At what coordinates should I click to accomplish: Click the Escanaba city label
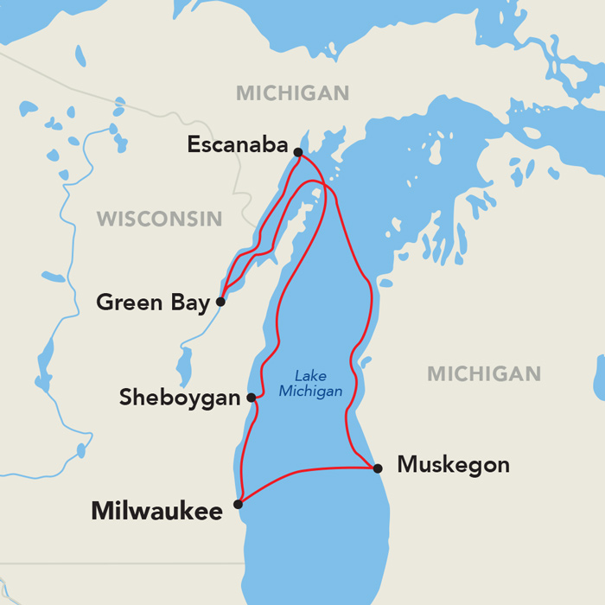coord(237,146)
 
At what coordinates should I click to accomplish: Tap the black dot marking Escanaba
coord(297,152)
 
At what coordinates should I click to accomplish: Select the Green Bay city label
coord(153,303)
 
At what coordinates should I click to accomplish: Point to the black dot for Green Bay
coord(220,302)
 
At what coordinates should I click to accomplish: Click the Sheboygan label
coord(179,398)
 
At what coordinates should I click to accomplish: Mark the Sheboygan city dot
coord(252,398)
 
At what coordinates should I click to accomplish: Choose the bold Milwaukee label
coord(156,512)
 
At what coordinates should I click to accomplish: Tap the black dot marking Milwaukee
coord(239,503)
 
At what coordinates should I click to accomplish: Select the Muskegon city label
coord(453,465)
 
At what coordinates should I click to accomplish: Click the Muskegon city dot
coord(378,468)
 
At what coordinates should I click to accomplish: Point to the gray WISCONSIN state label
coord(159,219)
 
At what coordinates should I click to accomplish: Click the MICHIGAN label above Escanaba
coord(292,93)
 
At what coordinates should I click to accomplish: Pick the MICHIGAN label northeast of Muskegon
coord(484,373)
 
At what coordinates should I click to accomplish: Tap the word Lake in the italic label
coord(310,376)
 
